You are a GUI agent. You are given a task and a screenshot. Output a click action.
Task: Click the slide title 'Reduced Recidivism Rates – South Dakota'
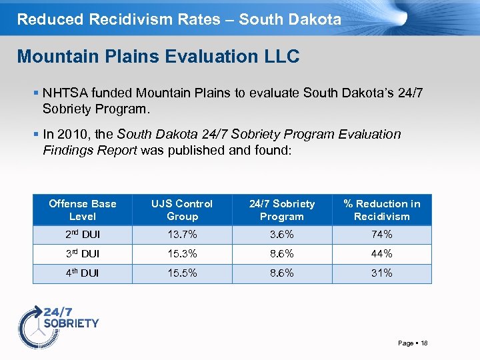179,19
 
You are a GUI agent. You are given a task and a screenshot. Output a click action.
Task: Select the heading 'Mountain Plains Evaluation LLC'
158,57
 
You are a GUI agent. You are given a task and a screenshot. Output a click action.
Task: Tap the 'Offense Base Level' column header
83,210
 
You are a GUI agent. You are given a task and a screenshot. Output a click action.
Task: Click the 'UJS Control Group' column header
182,210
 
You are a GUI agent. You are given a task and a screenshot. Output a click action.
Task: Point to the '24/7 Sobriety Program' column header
281,210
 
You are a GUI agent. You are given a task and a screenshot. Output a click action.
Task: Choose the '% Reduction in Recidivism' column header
382,210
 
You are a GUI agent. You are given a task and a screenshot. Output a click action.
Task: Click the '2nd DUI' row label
82,235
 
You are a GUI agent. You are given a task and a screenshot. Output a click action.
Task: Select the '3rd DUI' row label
82,254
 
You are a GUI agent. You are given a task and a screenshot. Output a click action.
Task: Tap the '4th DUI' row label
82,273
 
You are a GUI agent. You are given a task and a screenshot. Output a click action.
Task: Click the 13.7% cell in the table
182,235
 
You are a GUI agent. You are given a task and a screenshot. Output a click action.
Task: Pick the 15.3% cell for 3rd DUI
182,254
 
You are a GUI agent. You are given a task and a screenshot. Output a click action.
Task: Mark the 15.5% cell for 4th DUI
182,273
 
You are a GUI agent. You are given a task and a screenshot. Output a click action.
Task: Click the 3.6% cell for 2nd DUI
281,235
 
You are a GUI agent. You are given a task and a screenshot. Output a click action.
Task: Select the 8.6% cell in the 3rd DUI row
281,254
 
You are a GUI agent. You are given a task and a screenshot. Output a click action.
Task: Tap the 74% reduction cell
382,235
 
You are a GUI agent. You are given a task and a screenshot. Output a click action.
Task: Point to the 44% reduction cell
382,254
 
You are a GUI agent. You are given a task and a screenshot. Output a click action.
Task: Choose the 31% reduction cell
382,273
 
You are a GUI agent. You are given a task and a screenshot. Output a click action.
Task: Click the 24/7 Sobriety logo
58,323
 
